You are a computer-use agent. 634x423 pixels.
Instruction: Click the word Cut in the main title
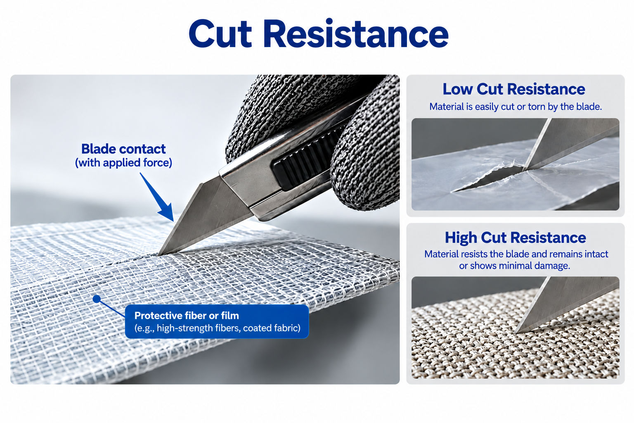pos(220,34)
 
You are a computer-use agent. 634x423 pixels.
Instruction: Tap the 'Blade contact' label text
pos(123,149)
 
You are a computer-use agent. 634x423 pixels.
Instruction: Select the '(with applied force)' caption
pos(123,163)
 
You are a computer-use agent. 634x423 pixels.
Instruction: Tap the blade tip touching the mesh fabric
pos(159,254)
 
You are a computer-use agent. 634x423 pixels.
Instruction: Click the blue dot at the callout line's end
pos(97,299)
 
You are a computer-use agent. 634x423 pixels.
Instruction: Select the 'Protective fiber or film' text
pos(187,316)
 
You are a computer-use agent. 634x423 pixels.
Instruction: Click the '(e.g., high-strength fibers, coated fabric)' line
pos(218,328)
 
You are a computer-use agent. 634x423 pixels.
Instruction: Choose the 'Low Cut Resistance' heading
pos(514,89)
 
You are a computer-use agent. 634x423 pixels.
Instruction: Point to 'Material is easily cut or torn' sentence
pos(516,107)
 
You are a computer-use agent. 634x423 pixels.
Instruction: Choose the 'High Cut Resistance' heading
pos(516,238)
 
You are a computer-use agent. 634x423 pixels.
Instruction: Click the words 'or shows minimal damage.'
pos(514,266)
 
